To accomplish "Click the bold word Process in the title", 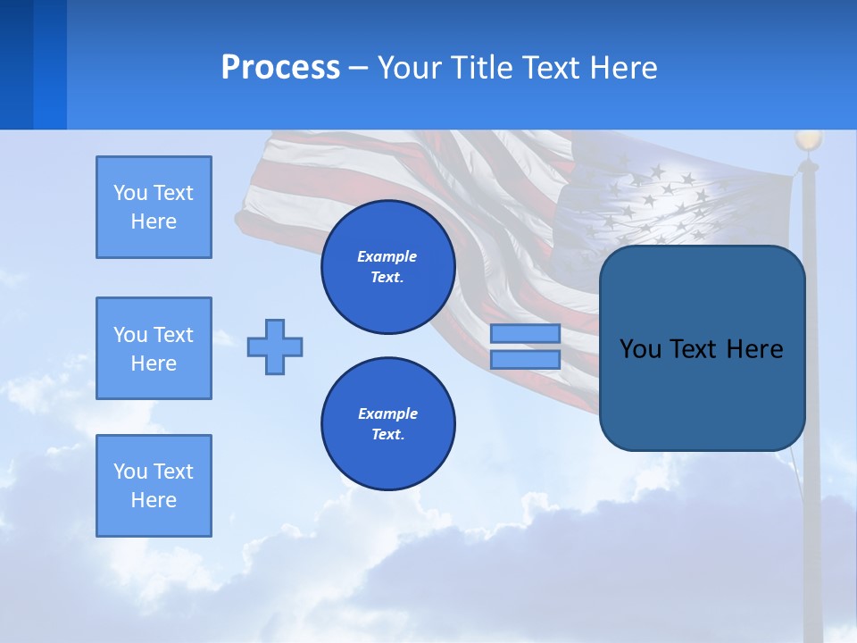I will (280, 68).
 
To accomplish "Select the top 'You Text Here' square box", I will (154, 207).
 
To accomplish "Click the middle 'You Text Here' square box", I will (154, 348).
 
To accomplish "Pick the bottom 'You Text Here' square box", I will (154, 486).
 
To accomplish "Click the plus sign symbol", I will (275, 347).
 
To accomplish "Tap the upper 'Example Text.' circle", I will (387, 266).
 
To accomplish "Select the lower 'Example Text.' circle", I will (387, 423).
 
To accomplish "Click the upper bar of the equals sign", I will (525, 333).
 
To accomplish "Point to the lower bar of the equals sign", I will (525, 360).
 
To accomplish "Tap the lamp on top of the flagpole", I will (808, 140).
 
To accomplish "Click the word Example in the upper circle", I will (387, 256).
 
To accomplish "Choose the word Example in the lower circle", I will (387, 413).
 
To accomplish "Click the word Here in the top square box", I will (154, 221).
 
